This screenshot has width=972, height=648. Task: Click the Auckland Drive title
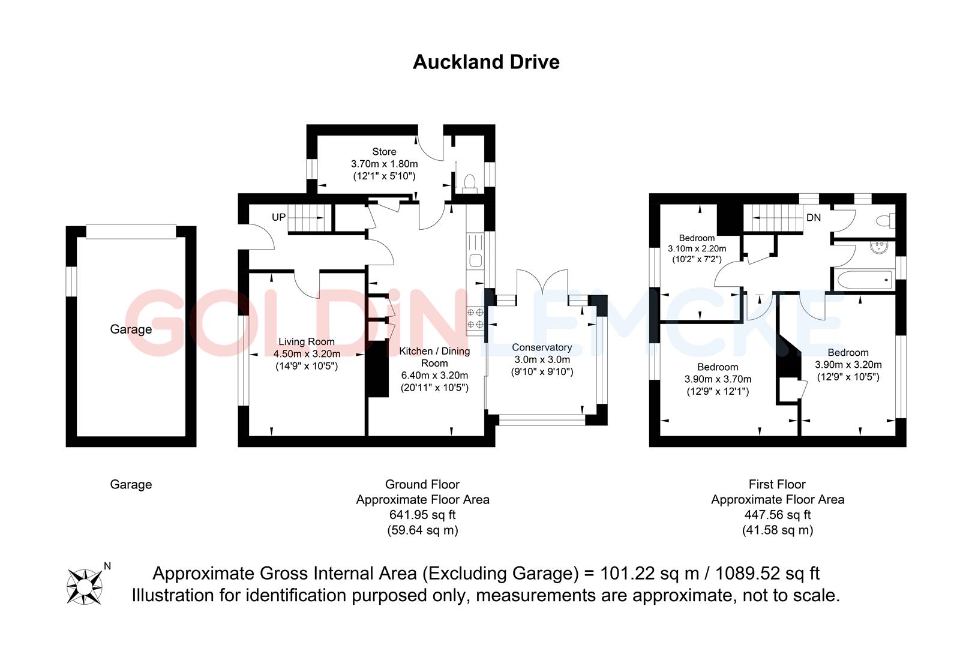point(486,62)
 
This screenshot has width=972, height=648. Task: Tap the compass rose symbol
point(85,587)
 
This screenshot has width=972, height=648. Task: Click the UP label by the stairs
point(278,217)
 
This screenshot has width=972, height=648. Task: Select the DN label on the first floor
point(814,217)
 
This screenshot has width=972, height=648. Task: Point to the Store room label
point(384,151)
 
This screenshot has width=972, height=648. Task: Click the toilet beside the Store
point(470,183)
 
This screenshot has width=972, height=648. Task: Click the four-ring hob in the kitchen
point(475,318)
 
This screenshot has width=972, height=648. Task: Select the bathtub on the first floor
point(865,280)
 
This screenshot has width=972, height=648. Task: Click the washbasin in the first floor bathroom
point(879,247)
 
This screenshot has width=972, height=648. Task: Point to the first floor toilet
point(886,221)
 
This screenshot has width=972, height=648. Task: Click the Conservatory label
point(542,347)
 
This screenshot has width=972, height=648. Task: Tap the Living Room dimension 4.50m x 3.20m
point(307,354)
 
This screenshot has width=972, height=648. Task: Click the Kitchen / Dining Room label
point(434,357)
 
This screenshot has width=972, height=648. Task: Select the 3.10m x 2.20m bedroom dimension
point(697,248)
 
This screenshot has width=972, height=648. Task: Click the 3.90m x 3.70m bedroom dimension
point(718,379)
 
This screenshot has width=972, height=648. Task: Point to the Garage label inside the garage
point(131,329)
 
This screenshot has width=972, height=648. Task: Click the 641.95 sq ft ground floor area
point(422,515)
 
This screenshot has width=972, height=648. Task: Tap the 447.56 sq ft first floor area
point(778,515)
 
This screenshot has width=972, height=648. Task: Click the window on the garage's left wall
point(71,281)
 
